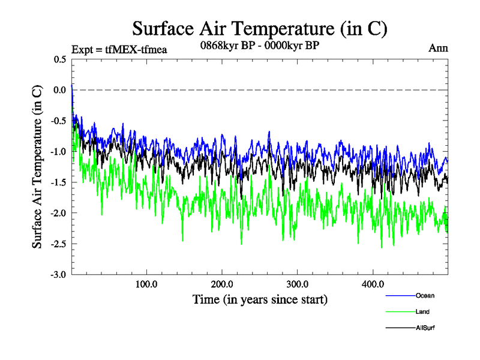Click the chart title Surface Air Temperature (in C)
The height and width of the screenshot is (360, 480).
(260, 28)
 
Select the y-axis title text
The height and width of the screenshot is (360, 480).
(37, 167)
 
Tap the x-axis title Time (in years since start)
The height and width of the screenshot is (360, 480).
(260, 299)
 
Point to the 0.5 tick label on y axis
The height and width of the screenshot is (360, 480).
(60, 59)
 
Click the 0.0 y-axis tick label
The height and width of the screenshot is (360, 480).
(60, 90)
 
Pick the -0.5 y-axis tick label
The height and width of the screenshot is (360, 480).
(59, 121)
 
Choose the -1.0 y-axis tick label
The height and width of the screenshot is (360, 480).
(59, 152)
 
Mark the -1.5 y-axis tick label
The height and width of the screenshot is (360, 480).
(59, 182)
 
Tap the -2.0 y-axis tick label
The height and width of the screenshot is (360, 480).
(59, 213)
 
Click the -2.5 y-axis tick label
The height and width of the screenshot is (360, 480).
(59, 244)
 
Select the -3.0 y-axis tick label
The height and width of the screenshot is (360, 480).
(59, 275)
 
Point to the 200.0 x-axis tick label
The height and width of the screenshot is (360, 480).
(222, 284)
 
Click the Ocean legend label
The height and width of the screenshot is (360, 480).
(424, 296)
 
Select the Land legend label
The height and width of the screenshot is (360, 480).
(422, 312)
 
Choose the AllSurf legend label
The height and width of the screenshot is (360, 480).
(425, 328)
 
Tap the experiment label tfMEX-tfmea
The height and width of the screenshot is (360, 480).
(119, 49)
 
